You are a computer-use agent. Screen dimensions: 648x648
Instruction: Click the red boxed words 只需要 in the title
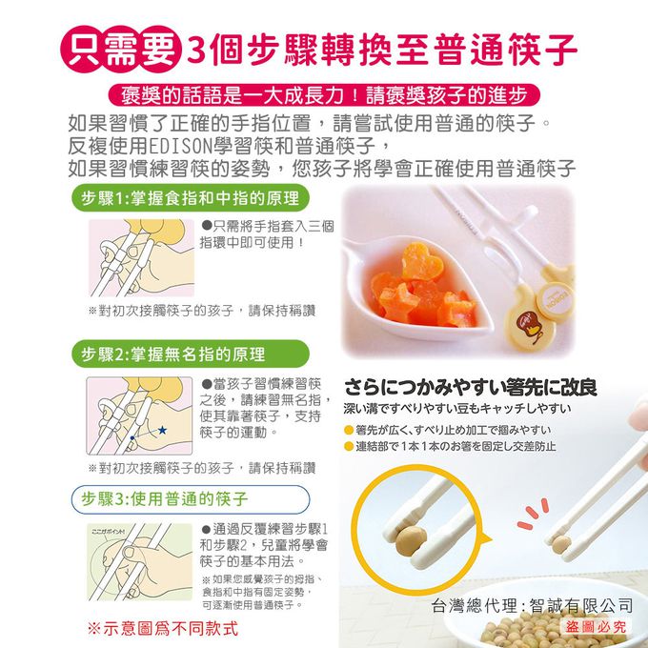[x=119, y=48]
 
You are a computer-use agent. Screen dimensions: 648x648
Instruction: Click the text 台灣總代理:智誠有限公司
[x=532, y=604]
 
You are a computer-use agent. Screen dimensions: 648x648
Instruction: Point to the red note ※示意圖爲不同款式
[x=162, y=630]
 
